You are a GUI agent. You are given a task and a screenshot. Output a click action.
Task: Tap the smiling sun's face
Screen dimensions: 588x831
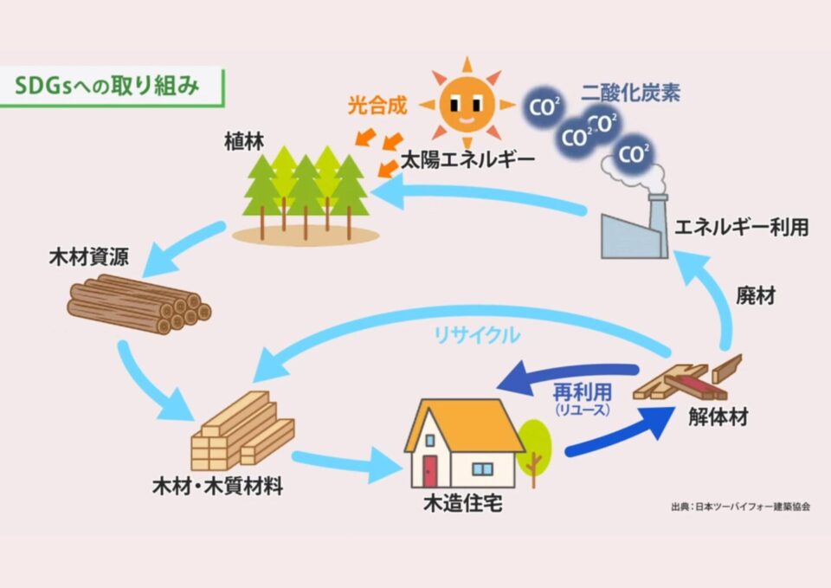click(465, 104)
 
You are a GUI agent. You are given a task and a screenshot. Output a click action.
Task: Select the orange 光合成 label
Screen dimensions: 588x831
click(377, 107)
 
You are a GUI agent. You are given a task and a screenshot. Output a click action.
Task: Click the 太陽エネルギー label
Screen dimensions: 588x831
click(467, 160)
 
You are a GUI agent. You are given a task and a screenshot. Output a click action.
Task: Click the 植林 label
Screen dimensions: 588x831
click(241, 142)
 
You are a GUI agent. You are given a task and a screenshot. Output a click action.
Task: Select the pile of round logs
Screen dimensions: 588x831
click(138, 304)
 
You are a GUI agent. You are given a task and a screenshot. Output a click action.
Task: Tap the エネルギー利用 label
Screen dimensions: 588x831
click(742, 228)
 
